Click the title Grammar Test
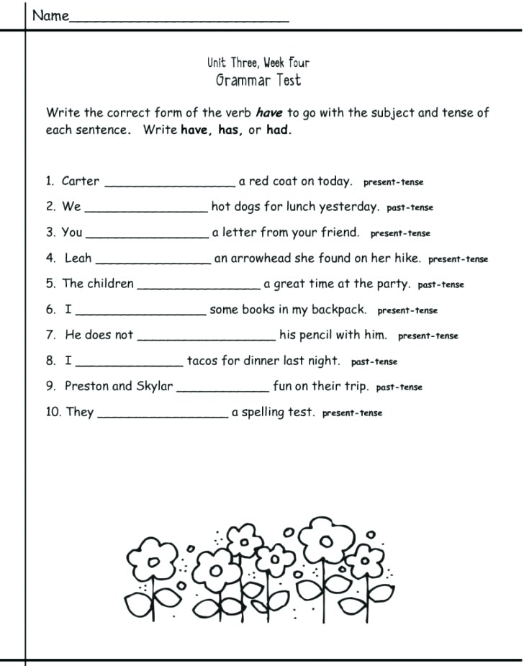pyautogui.click(x=258, y=80)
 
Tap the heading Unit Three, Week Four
pyautogui.click(x=258, y=63)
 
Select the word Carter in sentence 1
pyautogui.click(x=81, y=181)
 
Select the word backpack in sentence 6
pyautogui.click(x=339, y=310)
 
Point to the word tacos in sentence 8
pyautogui.click(x=203, y=361)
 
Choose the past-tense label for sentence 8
pyautogui.click(x=374, y=362)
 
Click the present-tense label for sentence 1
pyautogui.click(x=393, y=182)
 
